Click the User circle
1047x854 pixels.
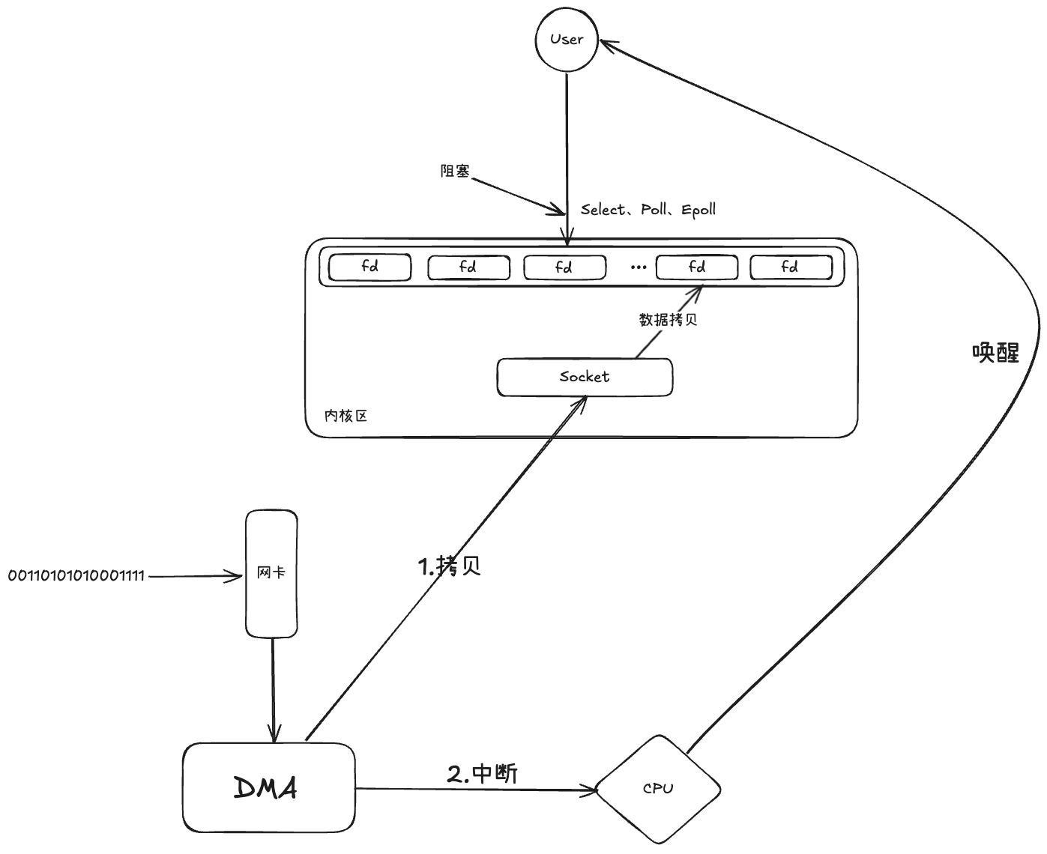click(567, 40)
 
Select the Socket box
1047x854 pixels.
click(585, 377)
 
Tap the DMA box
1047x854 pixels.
click(268, 788)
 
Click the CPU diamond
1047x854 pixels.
click(658, 789)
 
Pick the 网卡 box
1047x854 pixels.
click(271, 574)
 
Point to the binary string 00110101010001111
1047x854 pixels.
click(76, 576)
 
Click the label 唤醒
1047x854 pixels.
click(995, 353)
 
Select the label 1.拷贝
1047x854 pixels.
click(449, 566)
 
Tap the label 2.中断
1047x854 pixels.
click(482, 773)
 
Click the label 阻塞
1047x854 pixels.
click(455, 171)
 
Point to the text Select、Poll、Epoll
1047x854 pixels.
click(648, 210)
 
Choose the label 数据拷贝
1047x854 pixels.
click(668, 320)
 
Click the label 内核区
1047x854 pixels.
click(346, 416)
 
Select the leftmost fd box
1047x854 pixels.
click(370, 267)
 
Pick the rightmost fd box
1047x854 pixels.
click(790, 267)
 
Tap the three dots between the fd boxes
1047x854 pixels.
click(639, 267)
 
